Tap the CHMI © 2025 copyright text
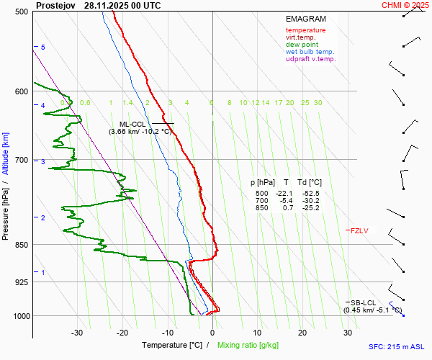click(x=405, y=5)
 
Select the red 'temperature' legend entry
click(x=305, y=30)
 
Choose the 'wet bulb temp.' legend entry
click(x=310, y=52)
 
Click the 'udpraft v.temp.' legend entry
click(x=310, y=59)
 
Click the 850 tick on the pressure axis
click(x=22, y=245)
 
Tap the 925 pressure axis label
click(x=22, y=282)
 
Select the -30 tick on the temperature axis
click(x=77, y=333)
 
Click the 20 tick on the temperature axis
click(x=302, y=333)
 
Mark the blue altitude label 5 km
click(x=43, y=47)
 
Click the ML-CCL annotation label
click(x=133, y=124)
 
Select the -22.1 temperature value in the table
click(x=286, y=193)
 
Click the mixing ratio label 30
click(x=318, y=103)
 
